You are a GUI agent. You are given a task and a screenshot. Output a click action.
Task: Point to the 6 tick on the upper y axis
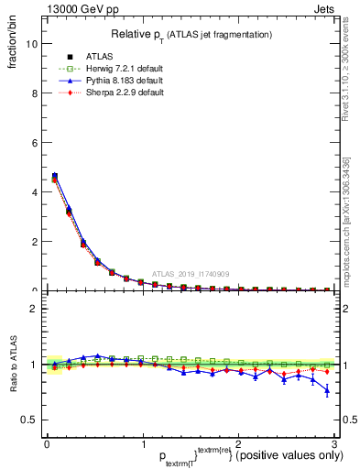coord(35,143)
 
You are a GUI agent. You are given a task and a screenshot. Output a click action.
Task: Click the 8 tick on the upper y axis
coord(35,93)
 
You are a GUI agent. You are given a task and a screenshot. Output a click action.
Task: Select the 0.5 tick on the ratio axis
coord(30,420)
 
